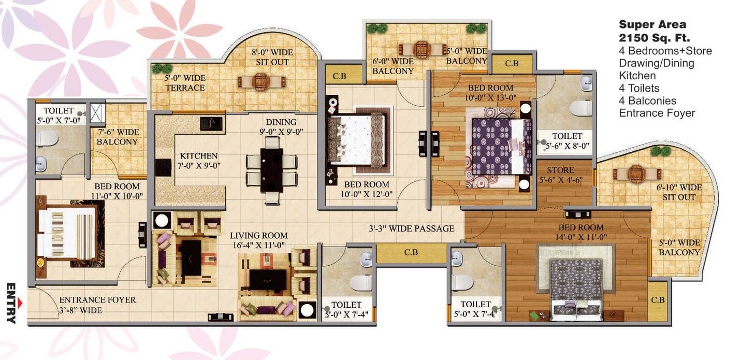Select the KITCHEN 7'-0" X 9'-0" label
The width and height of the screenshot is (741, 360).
[x=198, y=161]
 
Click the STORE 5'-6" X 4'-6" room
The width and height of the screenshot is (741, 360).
[x=561, y=175]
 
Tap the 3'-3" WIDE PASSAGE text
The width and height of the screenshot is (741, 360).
[x=412, y=228]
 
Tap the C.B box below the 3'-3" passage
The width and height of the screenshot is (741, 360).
[x=411, y=253]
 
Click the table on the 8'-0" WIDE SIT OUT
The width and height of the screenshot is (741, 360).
[x=261, y=82]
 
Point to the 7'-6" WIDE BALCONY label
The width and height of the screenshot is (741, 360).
[x=117, y=137]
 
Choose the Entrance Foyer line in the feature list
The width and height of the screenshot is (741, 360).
[x=657, y=113]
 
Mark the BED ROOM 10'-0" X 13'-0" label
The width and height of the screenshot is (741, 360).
[x=490, y=92]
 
